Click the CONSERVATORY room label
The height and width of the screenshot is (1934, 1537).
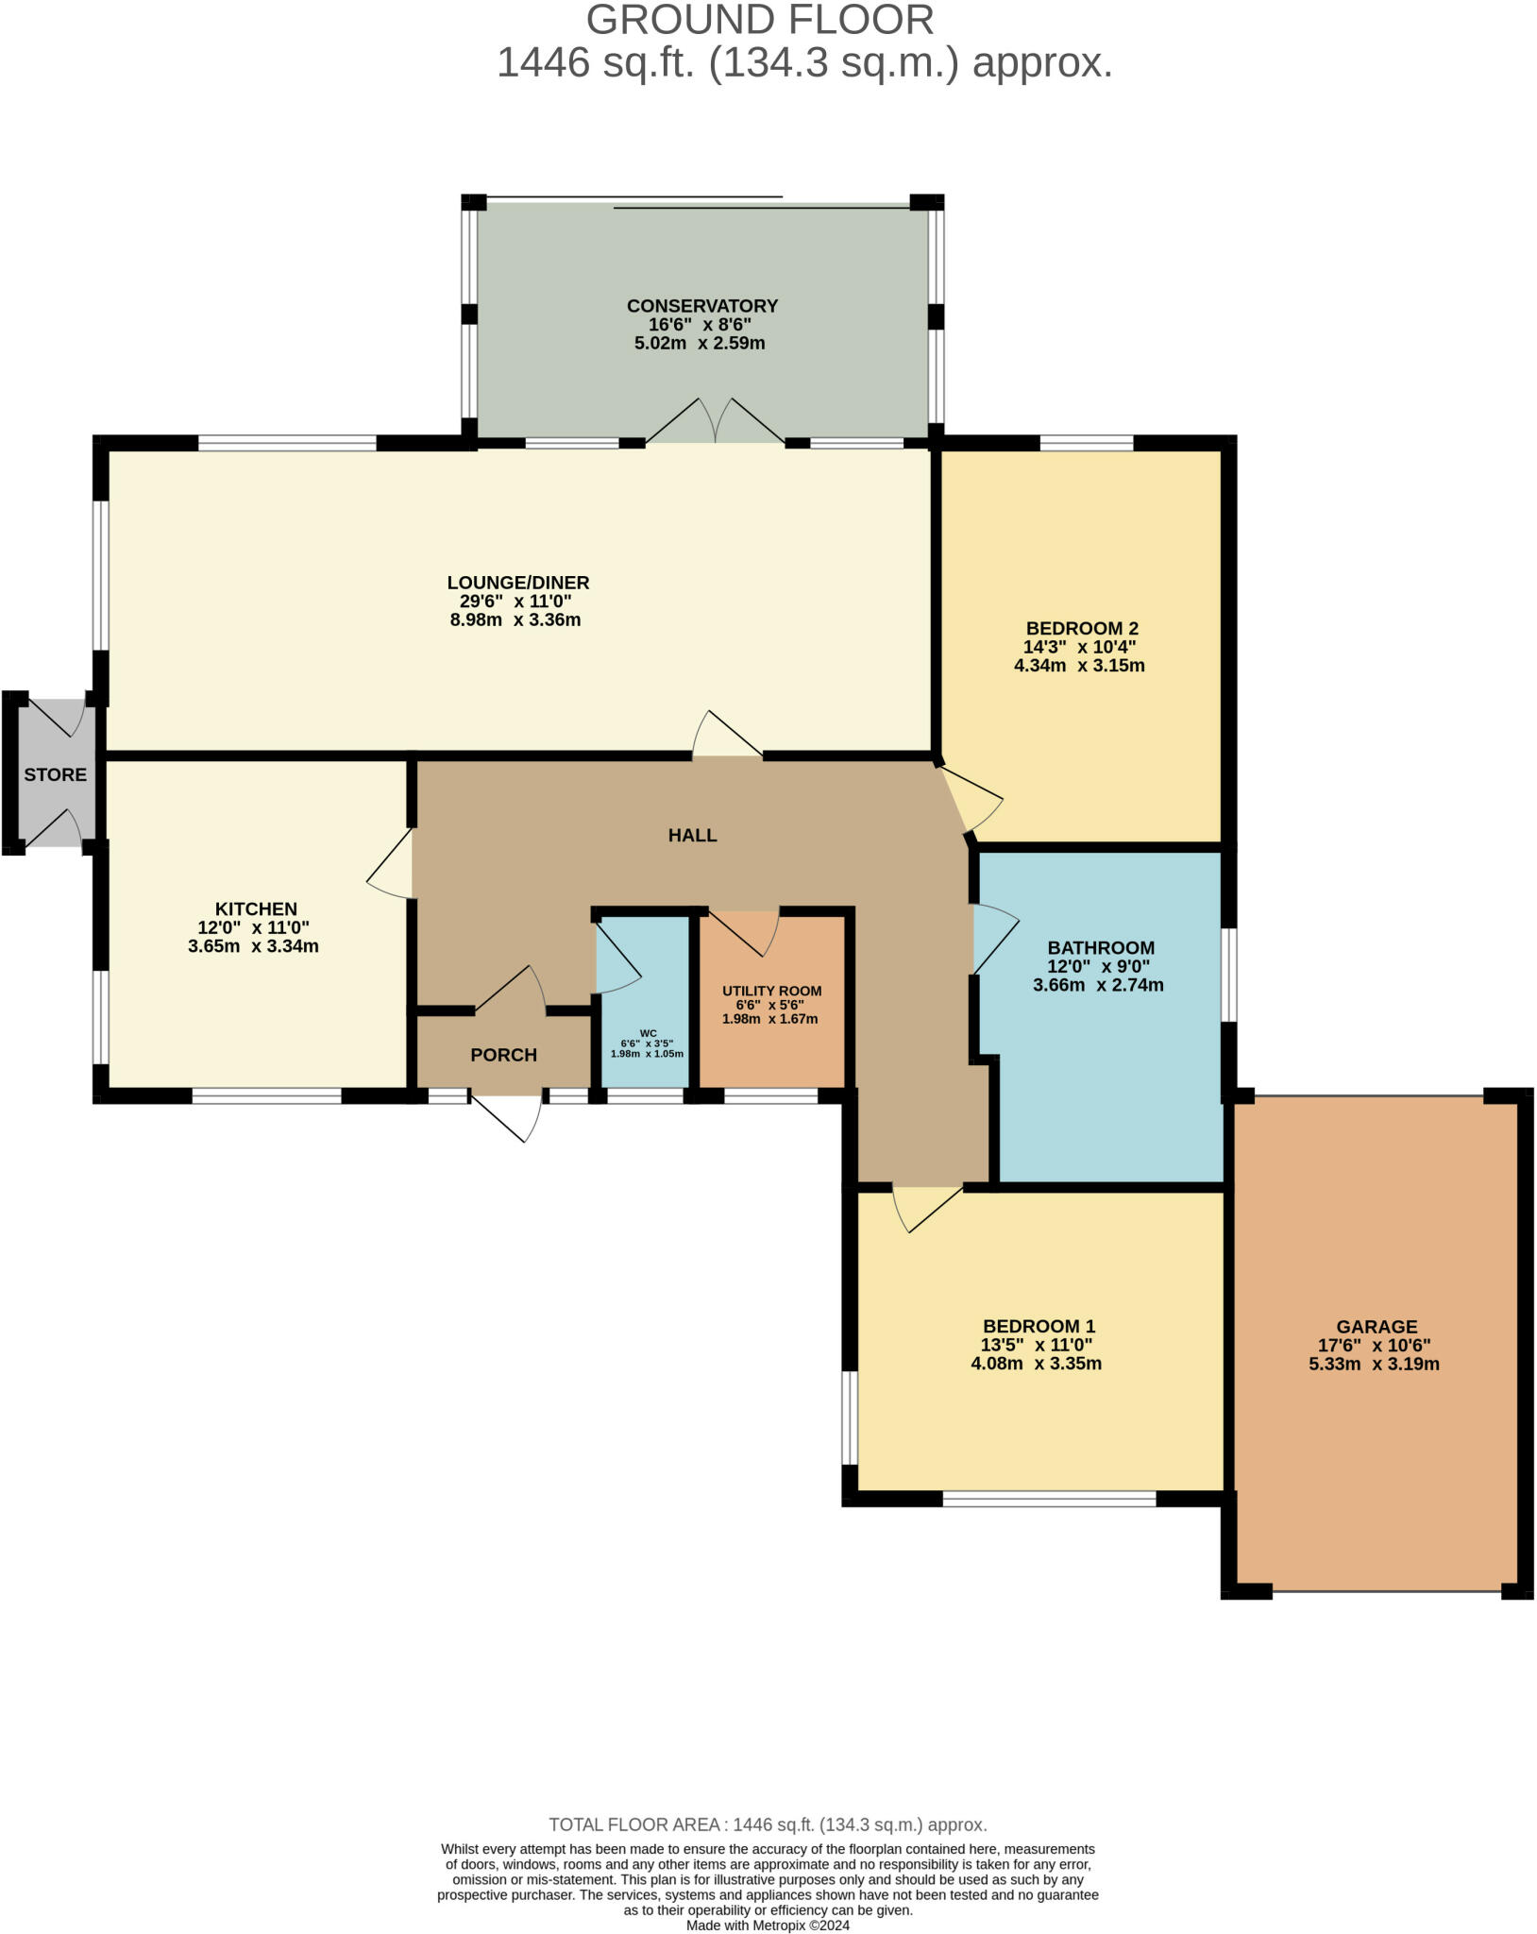click(701, 306)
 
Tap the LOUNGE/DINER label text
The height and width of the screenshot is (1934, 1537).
click(517, 583)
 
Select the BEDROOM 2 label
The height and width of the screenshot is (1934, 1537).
click(1082, 628)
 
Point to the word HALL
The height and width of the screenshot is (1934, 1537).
click(692, 835)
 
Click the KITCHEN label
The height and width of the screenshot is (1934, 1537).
click(256, 909)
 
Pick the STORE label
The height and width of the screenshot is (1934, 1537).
click(55, 774)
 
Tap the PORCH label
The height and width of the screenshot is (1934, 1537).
click(503, 1055)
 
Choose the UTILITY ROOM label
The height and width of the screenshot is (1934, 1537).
click(771, 991)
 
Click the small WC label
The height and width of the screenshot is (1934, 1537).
click(648, 1033)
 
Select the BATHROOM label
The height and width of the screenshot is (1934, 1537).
click(1101, 947)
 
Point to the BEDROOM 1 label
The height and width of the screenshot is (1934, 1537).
click(1039, 1326)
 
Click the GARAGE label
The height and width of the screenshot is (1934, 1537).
click(1377, 1326)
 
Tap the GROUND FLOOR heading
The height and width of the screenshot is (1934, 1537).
click(760, 21)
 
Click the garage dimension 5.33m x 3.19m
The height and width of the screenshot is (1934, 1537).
click(1374, 1364)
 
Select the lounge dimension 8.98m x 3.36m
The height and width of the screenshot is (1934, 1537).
click(515, 620)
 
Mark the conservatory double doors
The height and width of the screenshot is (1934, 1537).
click(715, 421)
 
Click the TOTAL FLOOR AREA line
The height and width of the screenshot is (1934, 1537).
click(768, 1824)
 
